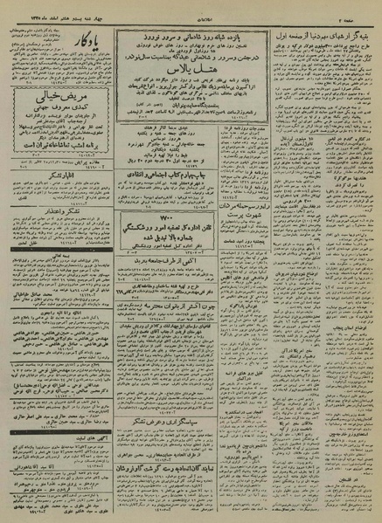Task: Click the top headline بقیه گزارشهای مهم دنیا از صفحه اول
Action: [x=327, y=18]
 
